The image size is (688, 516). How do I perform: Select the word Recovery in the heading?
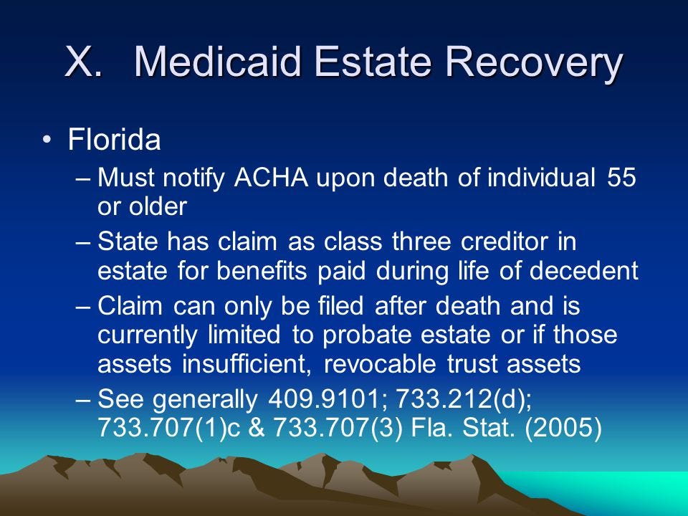[533, 64]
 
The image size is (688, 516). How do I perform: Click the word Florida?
[114, 140]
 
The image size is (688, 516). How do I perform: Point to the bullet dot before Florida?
[47, 140]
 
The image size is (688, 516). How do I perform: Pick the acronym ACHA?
[271, 178]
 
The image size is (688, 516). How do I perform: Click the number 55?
[621, 178]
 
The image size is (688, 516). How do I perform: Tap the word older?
[158, 206]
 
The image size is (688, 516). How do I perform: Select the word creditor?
[504, 242]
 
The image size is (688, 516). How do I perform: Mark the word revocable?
[380, 364]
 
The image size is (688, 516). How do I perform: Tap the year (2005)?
[563, 427]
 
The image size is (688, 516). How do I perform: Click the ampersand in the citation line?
[257, 427]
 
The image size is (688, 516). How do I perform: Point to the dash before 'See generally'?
[83, 400]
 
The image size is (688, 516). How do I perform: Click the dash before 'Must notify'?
[83, 178]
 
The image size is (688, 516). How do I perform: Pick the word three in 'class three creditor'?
[421, 242]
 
